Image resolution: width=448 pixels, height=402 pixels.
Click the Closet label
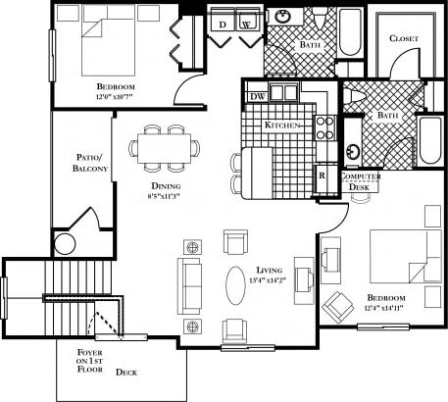coord(403,38)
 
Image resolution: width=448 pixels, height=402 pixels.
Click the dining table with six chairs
coord(165,147)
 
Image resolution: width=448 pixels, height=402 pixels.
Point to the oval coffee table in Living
coord(236,287)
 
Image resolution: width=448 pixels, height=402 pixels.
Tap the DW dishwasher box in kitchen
coord(258,96)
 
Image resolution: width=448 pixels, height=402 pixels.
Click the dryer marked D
coord(224,23)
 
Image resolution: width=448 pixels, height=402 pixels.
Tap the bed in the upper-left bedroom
coord(90,47)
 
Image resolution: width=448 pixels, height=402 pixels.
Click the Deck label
coord(126,372)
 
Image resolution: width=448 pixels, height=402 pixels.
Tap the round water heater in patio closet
coord(65,244)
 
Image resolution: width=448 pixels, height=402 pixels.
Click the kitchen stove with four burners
coord(325,126)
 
